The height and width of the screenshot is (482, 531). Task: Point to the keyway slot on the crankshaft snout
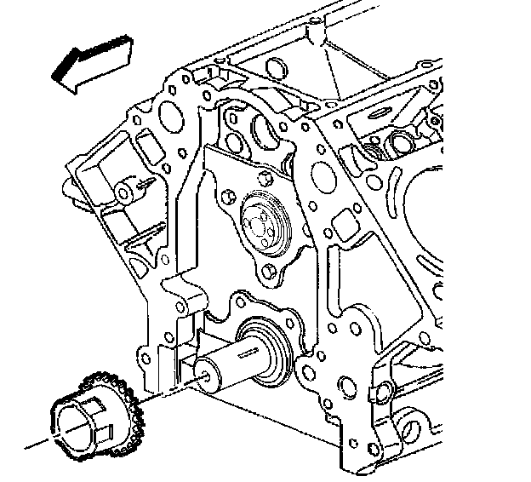255,351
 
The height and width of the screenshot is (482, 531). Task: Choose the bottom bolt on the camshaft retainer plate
271,272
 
